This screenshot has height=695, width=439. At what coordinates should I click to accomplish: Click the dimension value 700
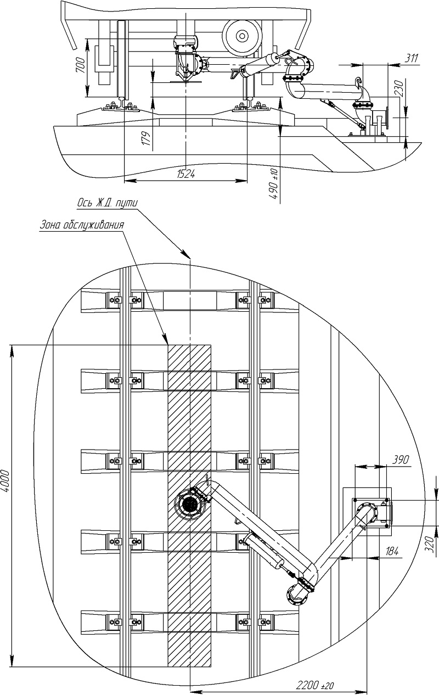click(80, 65)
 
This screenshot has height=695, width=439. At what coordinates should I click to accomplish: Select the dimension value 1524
click(186, 174)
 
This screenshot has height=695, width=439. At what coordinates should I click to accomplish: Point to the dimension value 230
click(400, 88)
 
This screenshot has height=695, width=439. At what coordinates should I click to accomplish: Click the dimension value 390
click(401, 459)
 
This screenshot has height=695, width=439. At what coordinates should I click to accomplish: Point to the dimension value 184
click(392, 551)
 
